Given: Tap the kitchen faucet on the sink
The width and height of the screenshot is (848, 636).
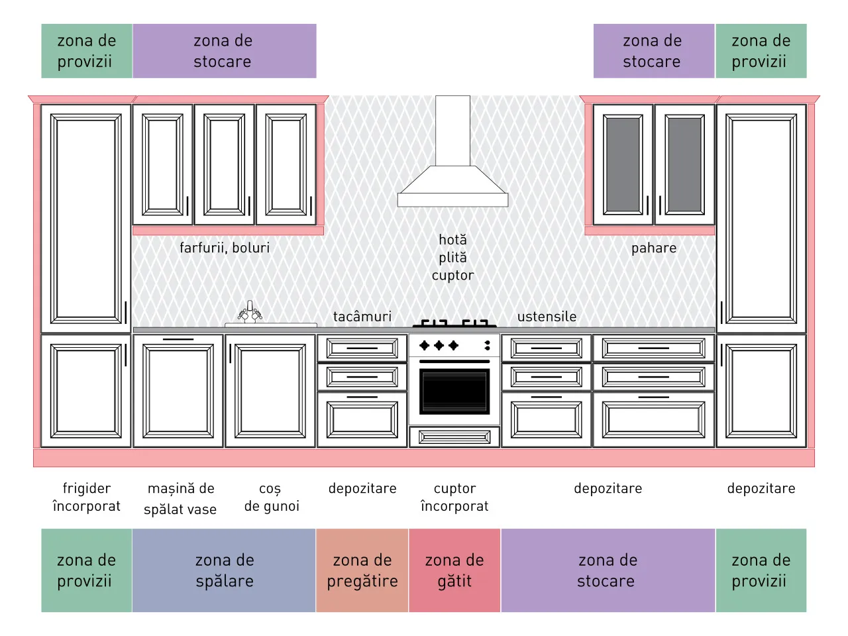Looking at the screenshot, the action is (x=250, y=311).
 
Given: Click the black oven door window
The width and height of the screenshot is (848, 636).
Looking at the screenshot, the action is (x=454, y=391).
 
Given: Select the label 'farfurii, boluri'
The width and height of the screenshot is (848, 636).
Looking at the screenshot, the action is (x=225, y=248).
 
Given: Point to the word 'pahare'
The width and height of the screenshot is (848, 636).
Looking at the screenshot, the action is (x=654, y=248).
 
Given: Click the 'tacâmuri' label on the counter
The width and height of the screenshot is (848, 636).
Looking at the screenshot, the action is (x=362, y=317).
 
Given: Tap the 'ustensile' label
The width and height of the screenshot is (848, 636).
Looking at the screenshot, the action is (x=547, y=317).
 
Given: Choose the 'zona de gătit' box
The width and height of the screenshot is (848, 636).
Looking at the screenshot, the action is (x=454, y=570).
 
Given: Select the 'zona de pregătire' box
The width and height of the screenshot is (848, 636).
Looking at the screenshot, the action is (x=362, y=570).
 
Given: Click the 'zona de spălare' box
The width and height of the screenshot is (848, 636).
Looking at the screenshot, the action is (x=224, y=570).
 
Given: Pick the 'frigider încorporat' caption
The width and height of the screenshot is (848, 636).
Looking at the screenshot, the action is (x=87, y=497).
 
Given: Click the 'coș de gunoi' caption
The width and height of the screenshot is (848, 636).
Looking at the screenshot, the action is (x=272, y=497).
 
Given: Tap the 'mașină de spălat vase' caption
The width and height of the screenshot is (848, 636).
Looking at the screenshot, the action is (x=180, y=498).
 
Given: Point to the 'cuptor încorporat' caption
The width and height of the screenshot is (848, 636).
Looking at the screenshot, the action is (x=454, y=497).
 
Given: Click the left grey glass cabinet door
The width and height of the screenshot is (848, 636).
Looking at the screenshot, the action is (x=622, y=165).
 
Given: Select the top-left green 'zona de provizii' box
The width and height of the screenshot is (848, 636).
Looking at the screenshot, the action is (x=87, y=51).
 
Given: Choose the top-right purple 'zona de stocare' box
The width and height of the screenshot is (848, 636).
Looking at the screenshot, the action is (x=654, y=51).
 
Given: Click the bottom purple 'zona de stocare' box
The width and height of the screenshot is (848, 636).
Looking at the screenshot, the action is (x=608, y=570).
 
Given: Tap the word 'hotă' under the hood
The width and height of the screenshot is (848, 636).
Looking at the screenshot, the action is (x=452, y=240).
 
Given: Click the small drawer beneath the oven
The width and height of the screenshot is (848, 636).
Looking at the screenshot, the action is (x=454, y=437).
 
